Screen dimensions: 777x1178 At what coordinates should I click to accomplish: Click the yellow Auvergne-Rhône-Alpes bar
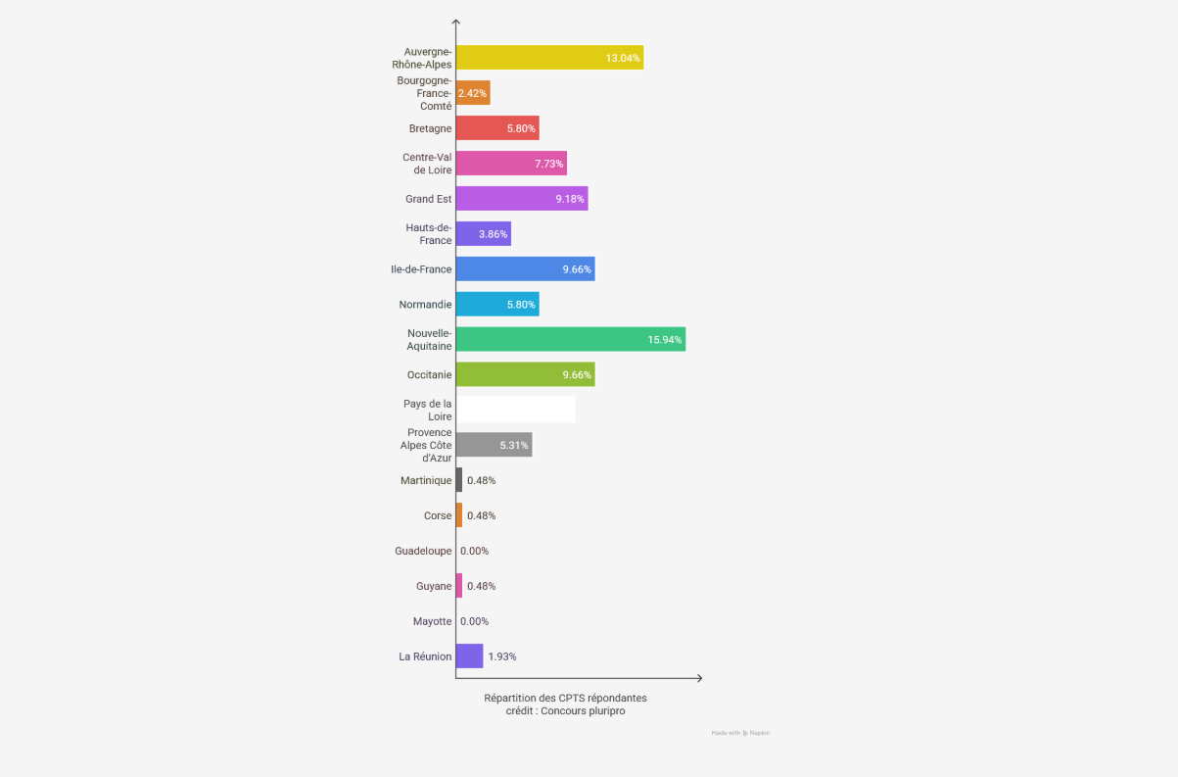tap(548, 58)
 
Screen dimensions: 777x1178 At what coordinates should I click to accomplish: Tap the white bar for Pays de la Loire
tap(515, 410)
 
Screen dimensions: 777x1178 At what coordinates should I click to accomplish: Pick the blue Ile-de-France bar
tap(525, 269)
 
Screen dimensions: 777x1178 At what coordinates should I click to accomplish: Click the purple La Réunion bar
tap(469, 656)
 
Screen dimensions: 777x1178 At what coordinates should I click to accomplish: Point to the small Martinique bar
tap(459, 480)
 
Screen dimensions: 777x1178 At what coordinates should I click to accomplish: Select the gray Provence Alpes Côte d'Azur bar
tap(494, 445)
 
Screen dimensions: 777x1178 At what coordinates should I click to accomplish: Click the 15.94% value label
tap(665, 340)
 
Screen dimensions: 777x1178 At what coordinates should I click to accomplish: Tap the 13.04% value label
tap(623, 59)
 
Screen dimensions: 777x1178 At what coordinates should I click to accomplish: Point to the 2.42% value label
tap(473, 93)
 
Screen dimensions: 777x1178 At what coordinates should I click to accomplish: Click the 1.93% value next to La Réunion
tap(502, 656)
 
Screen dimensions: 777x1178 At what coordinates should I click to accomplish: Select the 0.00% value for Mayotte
tap(474, 621)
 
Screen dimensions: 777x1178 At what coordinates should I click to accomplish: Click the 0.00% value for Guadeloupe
tap(474, 551)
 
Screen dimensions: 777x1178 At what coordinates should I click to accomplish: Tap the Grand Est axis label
tap(429, 199)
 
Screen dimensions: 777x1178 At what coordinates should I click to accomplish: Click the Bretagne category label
tap(431, 128)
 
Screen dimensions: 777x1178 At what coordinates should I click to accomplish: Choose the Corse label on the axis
tap(438, 515)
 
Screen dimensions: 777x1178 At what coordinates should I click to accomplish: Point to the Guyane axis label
tap(434, 586)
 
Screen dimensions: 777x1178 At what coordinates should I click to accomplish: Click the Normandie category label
tap(426, 305)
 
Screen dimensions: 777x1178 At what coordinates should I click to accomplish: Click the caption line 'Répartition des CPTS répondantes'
tap(565, 698)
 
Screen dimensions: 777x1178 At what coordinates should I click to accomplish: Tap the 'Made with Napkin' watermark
tap(740, 733)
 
